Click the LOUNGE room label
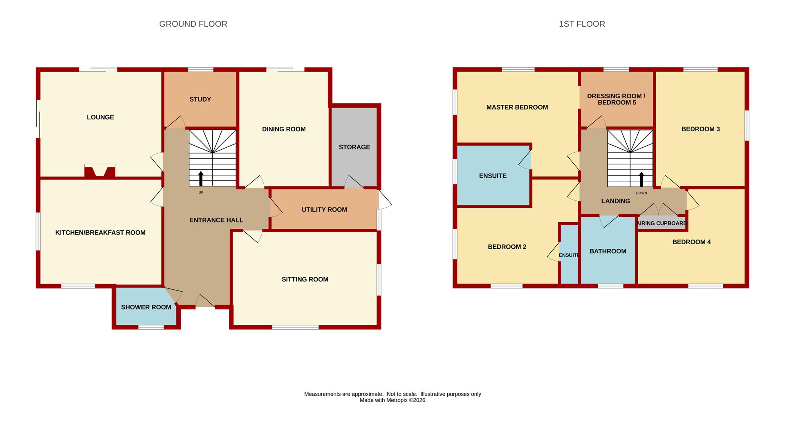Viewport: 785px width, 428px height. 100,117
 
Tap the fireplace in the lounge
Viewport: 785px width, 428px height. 100,171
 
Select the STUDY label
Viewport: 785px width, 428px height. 200,99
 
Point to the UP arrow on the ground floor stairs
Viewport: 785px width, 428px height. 201,179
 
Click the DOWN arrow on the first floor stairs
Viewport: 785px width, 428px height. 641,179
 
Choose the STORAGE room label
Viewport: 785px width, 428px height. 354,147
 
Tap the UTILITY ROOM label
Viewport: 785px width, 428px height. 324,210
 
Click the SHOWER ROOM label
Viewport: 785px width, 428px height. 146,307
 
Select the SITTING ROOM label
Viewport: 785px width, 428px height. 305,279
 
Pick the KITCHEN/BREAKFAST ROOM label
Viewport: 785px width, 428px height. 100,233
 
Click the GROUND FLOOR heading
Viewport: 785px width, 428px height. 193,24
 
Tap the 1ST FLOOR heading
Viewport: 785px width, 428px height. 582,24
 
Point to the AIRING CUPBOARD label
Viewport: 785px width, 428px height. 662,223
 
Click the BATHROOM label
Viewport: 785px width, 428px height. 608,251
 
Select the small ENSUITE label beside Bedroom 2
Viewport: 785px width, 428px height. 569,255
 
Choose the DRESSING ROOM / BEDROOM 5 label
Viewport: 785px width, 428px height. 616,99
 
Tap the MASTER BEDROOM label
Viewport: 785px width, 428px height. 517,108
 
